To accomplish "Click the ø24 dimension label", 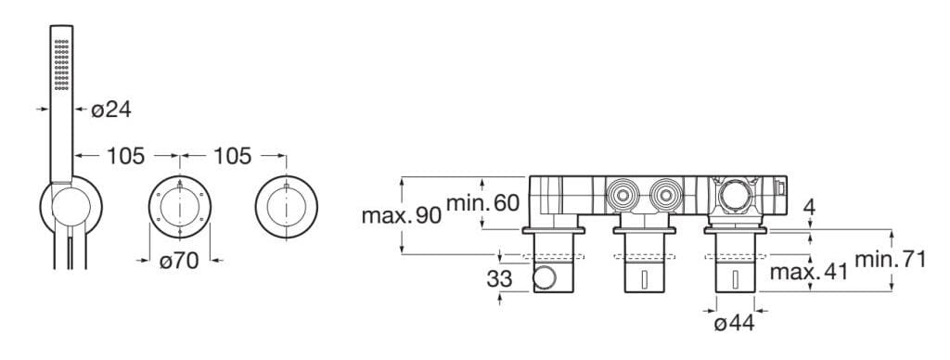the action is (111, 109).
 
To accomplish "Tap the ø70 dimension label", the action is (179, 262).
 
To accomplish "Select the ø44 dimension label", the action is (735, 324).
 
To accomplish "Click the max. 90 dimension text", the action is (402, 216).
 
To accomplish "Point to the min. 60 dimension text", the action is (482, 203).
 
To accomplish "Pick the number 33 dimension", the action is (499, 279).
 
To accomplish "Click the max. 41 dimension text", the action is (809, 273).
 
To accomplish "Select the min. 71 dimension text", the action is (891, 260).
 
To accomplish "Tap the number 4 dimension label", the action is (809, 206).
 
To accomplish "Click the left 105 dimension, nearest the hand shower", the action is (126, 157).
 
